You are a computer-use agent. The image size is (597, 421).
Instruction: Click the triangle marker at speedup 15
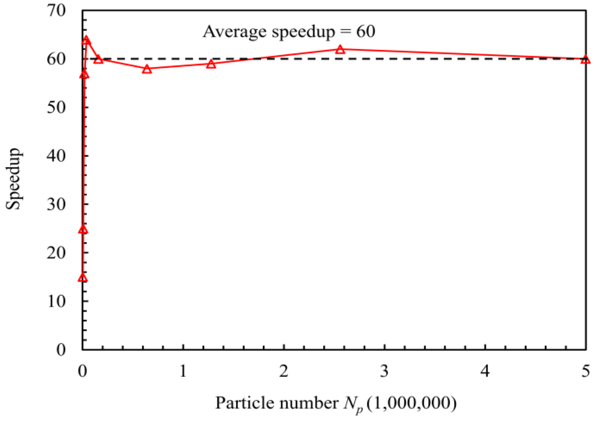(x=83, y=278)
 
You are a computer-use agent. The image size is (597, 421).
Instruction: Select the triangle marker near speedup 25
(x=83, y=229)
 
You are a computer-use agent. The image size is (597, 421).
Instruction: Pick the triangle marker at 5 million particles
(x=585, y=60)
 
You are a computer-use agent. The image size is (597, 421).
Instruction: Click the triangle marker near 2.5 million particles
(x=340, y=50)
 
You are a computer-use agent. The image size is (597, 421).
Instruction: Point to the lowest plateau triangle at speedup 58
(x=147, y=69)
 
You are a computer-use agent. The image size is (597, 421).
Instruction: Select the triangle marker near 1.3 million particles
(x=211, y=64)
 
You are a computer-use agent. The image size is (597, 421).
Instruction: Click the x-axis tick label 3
(x=384, y=371)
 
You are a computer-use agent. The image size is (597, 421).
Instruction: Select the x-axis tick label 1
(x=183, y=371)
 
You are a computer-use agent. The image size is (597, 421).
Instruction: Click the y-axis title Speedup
(x=13, y=179)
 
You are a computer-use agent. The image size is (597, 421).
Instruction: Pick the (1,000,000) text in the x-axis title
(x=411, y=403)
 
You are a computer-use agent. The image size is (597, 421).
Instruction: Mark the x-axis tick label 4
(x=485, y=371)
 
